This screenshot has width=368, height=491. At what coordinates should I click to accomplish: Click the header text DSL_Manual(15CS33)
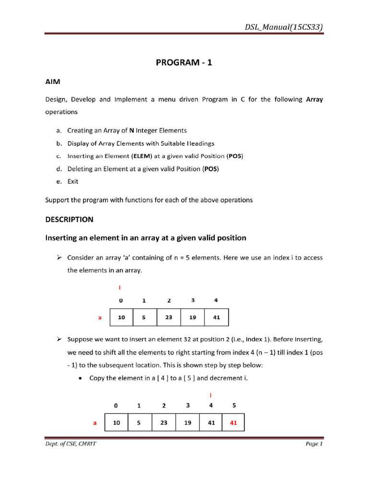283,27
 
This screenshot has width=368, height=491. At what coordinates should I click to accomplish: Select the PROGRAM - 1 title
184,63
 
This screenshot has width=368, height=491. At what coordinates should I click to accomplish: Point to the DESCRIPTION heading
69,220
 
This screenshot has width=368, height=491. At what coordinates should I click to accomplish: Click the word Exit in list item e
73,182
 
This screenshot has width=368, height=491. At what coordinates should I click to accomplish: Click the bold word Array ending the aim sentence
314,100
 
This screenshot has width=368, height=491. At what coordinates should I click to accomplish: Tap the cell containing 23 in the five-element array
169,317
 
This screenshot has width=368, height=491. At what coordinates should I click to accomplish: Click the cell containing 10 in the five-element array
122,317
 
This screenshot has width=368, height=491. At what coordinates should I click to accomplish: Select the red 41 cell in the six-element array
233,423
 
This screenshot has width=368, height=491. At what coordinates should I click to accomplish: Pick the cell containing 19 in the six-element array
187,423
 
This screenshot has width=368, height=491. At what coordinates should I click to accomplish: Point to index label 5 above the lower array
234,406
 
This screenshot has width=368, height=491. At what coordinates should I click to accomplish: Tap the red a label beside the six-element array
95,423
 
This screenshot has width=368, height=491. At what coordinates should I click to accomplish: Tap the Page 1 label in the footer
314,444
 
